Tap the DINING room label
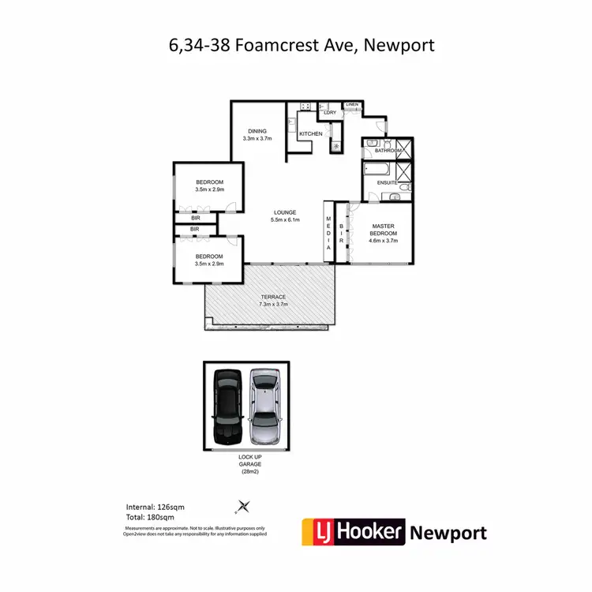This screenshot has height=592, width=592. tap(257, 131)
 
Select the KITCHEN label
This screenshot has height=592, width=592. tap(310, 134)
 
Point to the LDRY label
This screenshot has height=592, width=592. tap(330, 113)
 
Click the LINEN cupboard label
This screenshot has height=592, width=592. tap(352, 104)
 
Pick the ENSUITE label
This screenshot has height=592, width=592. tap(387, 183)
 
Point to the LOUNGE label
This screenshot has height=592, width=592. tap(284, 212)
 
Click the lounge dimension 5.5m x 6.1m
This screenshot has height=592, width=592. tap(284, 219)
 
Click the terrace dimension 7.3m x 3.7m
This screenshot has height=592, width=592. tap(274, 304)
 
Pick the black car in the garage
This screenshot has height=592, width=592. tap(227, 405)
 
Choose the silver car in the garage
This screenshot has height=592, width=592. tap(265, 405)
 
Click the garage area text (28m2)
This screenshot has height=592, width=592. tap(245, 471)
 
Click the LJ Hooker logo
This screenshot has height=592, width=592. tap(354, 531)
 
